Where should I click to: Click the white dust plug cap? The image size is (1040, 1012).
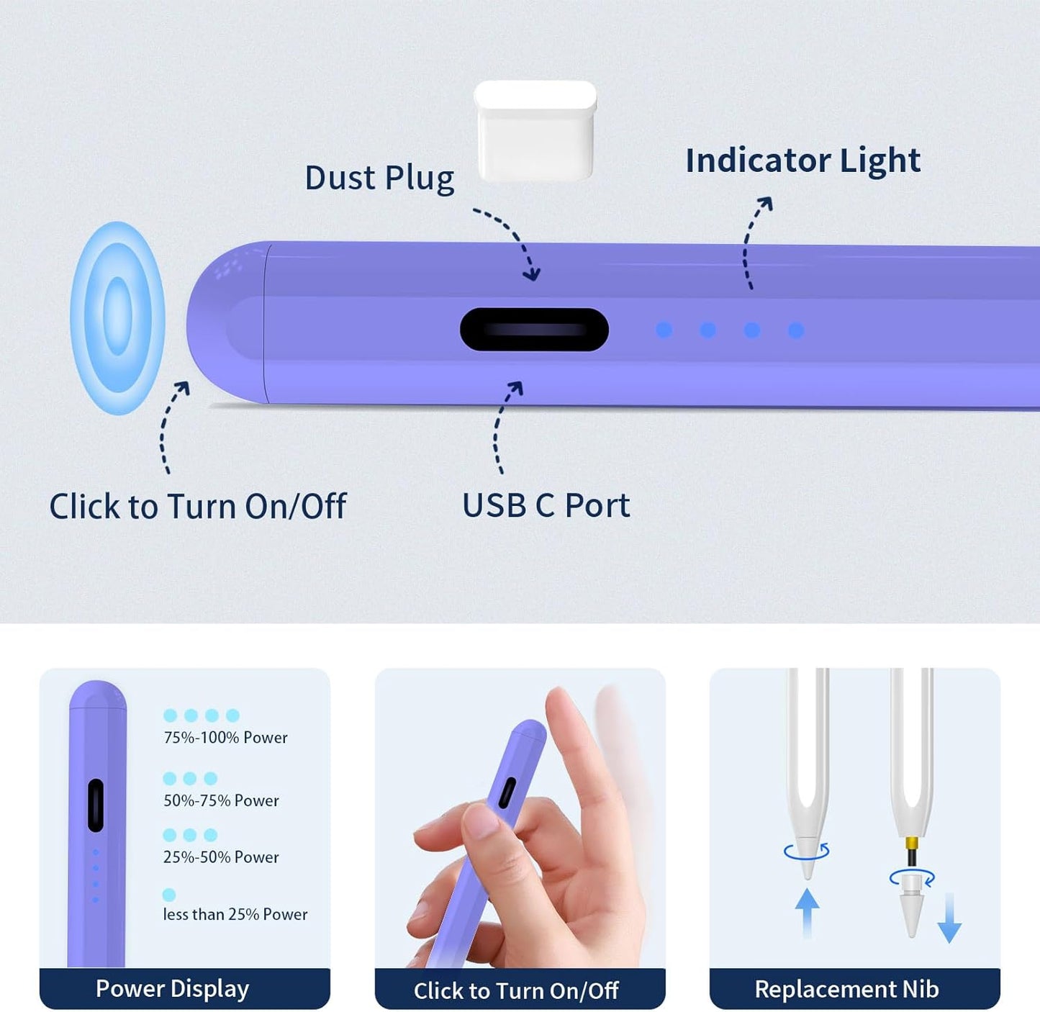click(535, 130)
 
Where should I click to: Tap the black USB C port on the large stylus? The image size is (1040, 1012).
click(534, 330)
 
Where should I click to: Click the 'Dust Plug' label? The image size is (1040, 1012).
click(379, 178)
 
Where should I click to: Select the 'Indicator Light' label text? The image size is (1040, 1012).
click(802, 160)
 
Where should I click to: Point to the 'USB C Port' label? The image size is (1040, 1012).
click(546, 505)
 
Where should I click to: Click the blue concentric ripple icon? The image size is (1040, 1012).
click(118, 317)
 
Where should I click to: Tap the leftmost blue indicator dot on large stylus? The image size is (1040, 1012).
click(664, 330)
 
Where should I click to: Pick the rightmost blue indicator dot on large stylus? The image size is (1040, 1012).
click(796, 330)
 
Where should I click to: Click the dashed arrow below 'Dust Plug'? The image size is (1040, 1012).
click(512, 242)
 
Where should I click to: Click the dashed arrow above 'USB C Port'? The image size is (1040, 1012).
click(505, 426)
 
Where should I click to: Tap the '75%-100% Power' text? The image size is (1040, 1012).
click(225, 738)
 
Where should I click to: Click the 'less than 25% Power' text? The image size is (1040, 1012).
click(235, 914)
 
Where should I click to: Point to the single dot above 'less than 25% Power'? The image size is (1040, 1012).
click(169, 895)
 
